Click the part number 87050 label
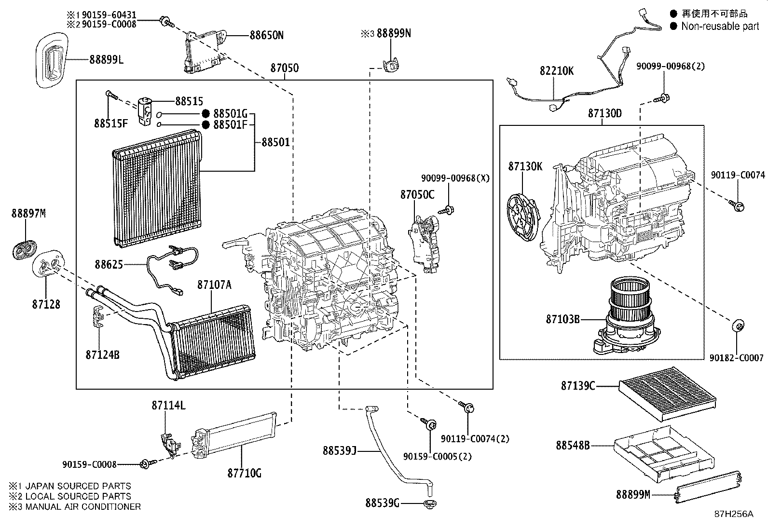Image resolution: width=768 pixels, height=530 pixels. tap(284, 68)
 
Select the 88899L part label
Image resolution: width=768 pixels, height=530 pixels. tap(106, 60)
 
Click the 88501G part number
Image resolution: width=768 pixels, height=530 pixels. tap(230, 114)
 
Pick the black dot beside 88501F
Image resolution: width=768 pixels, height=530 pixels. tap(206, 125)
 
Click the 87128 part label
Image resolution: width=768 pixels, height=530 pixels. tap(46, 304)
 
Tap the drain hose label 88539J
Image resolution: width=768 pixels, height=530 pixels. tap(339, 451)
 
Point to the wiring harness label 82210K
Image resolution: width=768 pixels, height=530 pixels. tap(556, 71)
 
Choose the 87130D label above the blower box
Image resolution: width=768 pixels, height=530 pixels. tap(604, 113)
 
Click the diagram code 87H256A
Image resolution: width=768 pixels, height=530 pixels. tap(733, 514)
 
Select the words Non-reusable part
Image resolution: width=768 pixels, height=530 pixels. tap(720, 27)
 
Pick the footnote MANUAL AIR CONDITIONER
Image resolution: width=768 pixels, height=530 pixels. tap(83, 506)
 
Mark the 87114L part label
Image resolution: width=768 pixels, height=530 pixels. tap(168, 406)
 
